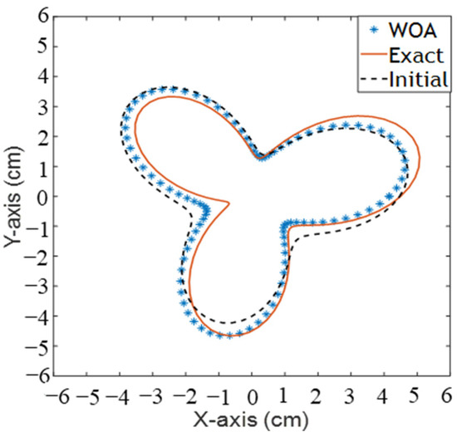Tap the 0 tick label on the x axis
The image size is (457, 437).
[253, 395]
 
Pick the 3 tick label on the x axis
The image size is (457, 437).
[350, 395]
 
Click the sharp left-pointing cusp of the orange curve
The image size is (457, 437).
[228, 202]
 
